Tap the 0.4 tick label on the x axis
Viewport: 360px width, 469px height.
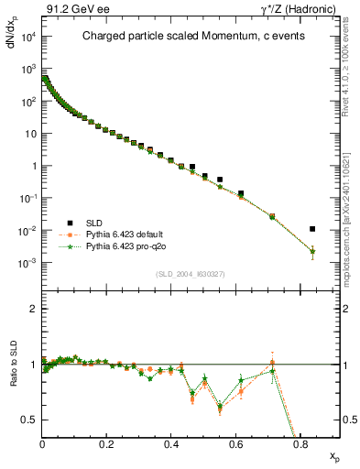[171, 443]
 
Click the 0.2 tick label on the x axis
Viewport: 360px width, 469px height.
[107, 443]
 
